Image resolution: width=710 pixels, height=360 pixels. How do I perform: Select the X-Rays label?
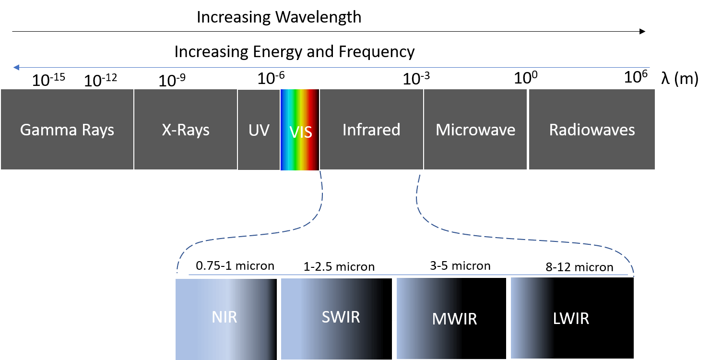(186, 130)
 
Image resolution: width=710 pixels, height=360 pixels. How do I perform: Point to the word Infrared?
(371, 130)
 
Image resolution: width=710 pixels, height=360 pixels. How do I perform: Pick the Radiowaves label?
(592, 130)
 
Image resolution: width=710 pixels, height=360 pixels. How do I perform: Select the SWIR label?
(341, 317)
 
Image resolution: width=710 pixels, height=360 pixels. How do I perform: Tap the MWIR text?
(454, 319)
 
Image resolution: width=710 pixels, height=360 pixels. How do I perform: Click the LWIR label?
(571, 318)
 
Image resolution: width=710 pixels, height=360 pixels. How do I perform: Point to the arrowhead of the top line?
(16, 68)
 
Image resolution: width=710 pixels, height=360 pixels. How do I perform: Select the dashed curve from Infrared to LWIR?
(528, 239)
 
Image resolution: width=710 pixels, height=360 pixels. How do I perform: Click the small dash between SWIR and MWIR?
(394, 320)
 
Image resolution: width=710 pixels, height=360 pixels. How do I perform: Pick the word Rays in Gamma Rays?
(97, 130)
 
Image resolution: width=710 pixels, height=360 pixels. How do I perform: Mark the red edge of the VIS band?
(315, 144)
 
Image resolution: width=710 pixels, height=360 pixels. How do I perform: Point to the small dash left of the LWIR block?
(509, 320)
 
